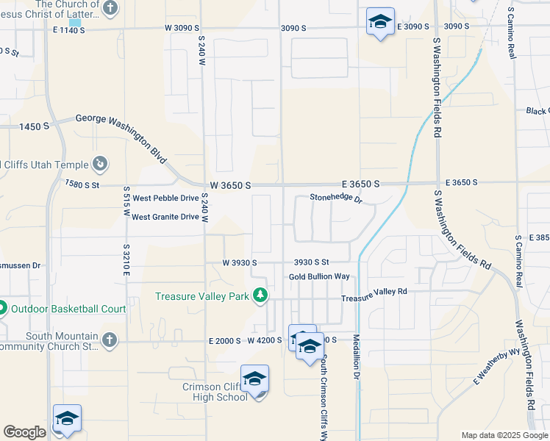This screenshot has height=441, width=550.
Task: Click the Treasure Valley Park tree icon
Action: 260,295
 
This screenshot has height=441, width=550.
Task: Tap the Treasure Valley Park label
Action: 203,296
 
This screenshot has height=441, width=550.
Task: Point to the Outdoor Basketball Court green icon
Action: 1,309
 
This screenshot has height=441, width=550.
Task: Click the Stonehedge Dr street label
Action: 336,198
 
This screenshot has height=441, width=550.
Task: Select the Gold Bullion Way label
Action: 318,276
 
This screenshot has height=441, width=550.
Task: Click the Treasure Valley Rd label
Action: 374,292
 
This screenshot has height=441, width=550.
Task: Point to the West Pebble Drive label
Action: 165,198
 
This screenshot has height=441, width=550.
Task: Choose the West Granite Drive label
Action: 165,217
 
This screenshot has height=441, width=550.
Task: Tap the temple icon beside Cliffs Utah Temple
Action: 101,165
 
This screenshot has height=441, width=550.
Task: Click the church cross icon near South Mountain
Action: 109,340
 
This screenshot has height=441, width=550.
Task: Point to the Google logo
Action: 24,432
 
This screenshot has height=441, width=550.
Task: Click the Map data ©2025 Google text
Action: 504,435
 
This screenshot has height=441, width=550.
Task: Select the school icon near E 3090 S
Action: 380,22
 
